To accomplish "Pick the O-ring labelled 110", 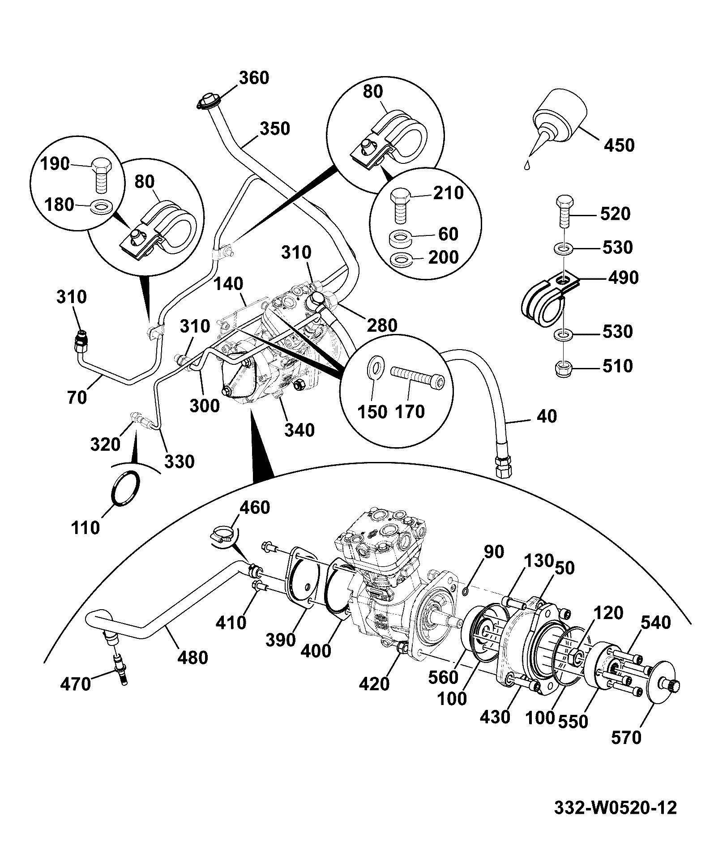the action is [x=125, y=488].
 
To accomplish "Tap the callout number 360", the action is [x=254, y=78].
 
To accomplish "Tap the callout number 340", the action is [x=299, y=430].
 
